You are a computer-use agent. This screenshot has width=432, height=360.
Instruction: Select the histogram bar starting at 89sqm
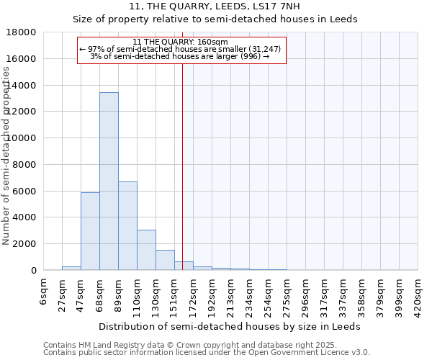(127, 225)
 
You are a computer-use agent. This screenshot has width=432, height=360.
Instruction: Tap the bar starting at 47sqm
(90, 231)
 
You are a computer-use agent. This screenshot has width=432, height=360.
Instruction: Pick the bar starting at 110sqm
(146, 250)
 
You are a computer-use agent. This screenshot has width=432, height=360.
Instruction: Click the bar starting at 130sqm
(165, 260)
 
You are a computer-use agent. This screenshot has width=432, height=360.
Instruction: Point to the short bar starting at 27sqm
(71, 268)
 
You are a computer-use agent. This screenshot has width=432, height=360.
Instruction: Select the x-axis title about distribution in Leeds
(230, 326)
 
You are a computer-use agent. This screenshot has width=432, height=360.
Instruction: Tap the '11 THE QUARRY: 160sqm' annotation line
(181, 42)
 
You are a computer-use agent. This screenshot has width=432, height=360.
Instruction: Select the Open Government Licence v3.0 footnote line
(207, 353)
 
